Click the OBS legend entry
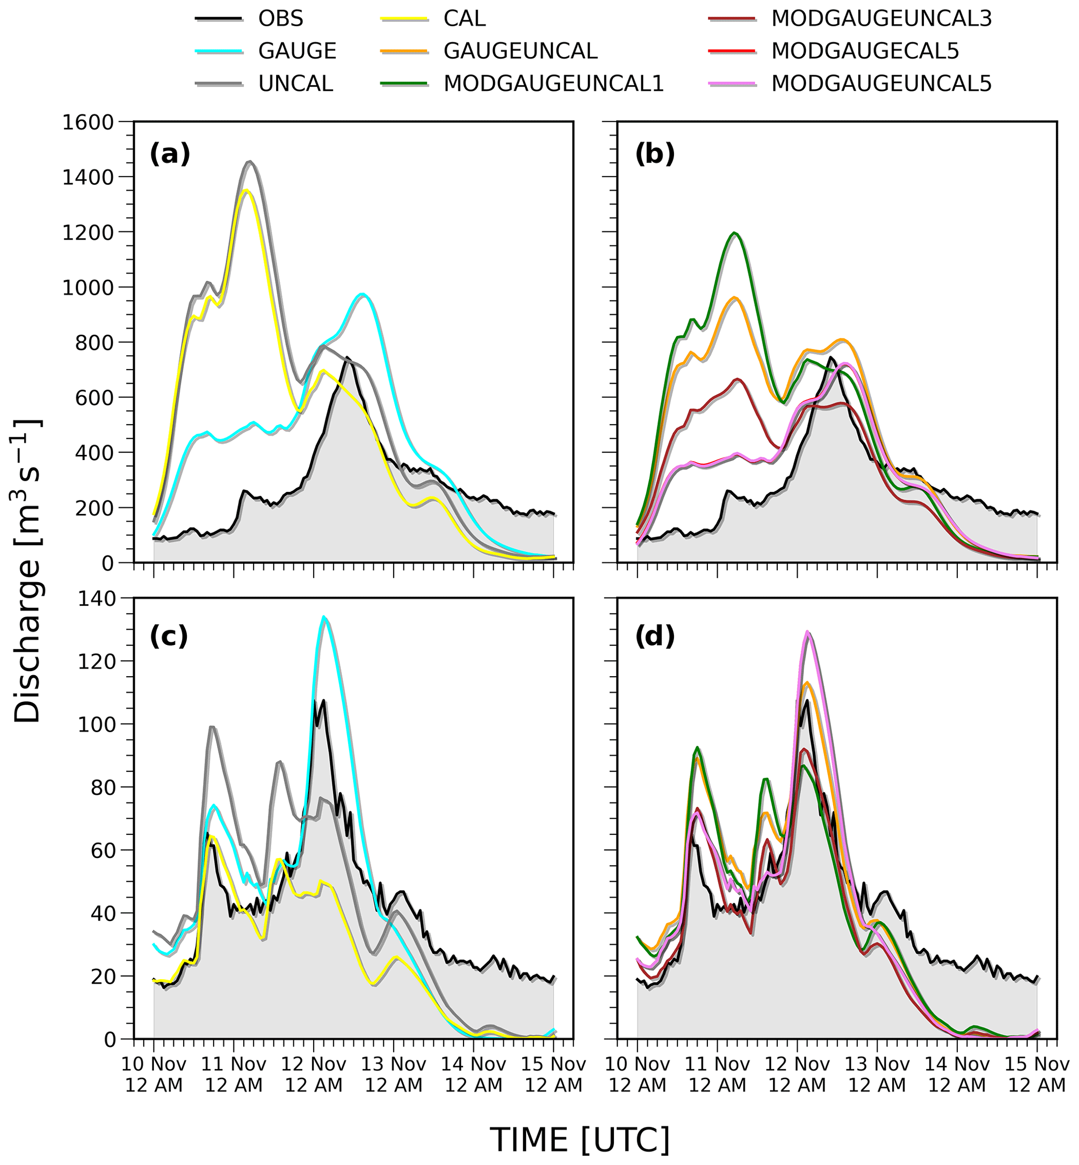pyautogui.click(x=281, y=19)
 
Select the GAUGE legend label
pyautogui.click(x=297, y=51)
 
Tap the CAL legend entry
pyautogui.click(x=464, y=19)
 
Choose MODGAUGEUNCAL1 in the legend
pyautogui.click(x=553, y=84)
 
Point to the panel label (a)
pyautogui.click(x=170, y=154)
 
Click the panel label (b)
pyautogui.click(x=655, y=154)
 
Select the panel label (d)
pyautogui.click(x=655, y=636)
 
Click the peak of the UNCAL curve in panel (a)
pyautogui.click(x=250, y=162)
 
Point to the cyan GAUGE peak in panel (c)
pyautogui.click(x=324, y=617)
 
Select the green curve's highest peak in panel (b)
pyautogui.click(x=734, y=233)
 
